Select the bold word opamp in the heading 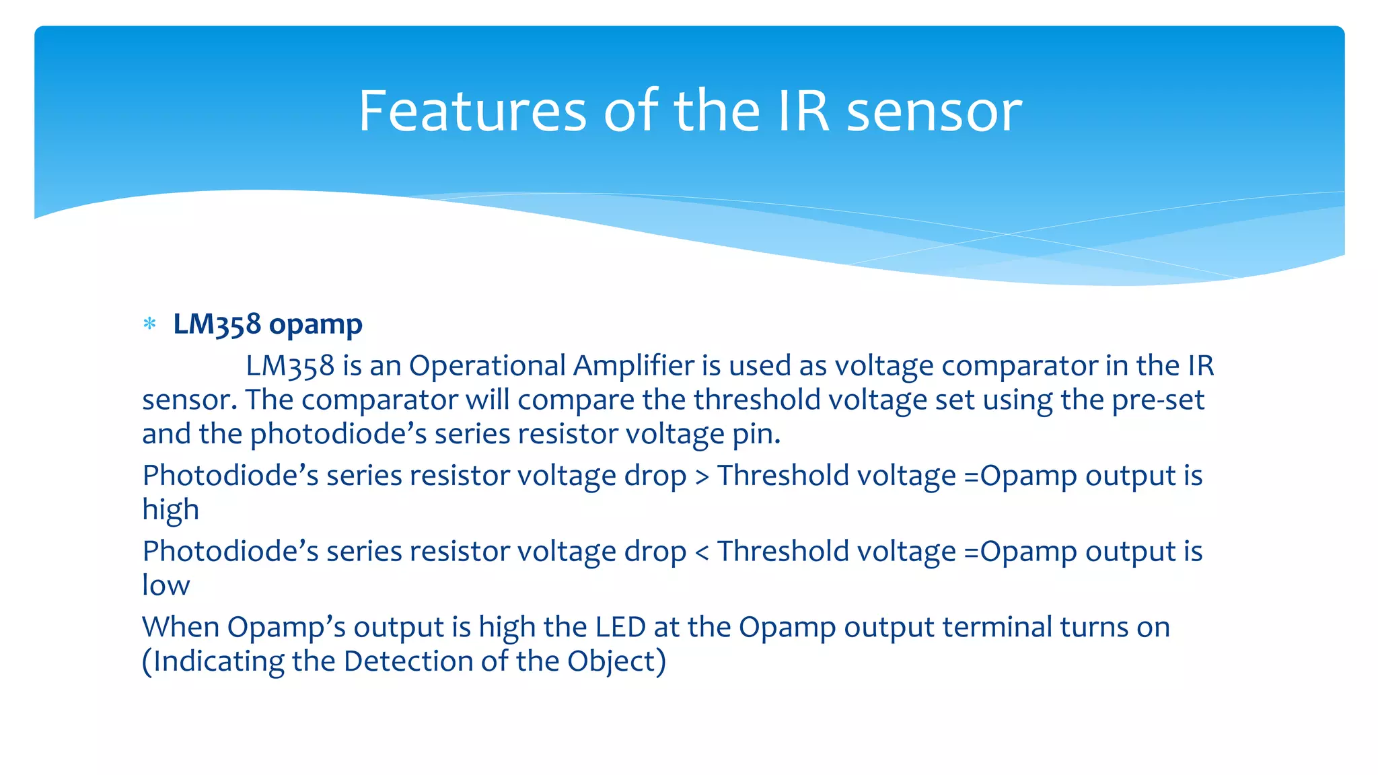coord(315,325)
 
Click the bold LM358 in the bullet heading coord(217,324)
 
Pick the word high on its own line coord(170,510)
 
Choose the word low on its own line coord(166,585)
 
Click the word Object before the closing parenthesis coord(611,662)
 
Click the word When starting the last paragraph coord(180,628)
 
